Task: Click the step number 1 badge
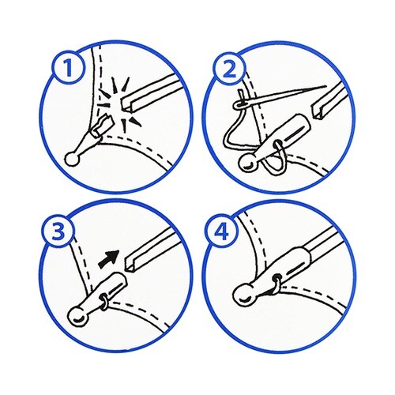[69, 67]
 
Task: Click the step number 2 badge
[230, 69]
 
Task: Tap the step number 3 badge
[58, 231]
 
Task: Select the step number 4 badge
[221, 231]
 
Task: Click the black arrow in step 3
[108, 260]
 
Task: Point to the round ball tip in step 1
[72, 159]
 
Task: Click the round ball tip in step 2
[247, 164]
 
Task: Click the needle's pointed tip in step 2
[326, 86]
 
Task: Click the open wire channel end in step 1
[126, 103]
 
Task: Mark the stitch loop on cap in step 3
[103, 301]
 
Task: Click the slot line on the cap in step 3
[115, 290]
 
